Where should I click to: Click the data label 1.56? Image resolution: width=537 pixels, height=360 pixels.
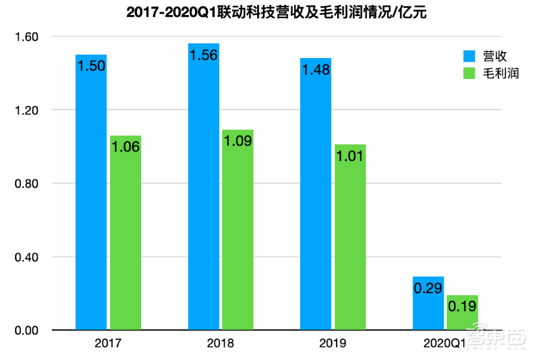click(204, 55)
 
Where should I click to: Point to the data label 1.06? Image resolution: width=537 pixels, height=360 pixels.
click(125, 147)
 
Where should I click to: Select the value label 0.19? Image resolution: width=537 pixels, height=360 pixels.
click(462, 306)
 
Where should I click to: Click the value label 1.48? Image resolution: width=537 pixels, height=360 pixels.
click(316, 70)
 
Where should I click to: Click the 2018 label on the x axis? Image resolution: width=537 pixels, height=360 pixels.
click(220, 343)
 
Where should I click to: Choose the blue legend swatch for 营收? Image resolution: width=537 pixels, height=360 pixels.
click(468, 56)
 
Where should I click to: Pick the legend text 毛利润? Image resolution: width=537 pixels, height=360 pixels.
click(500, 74)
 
